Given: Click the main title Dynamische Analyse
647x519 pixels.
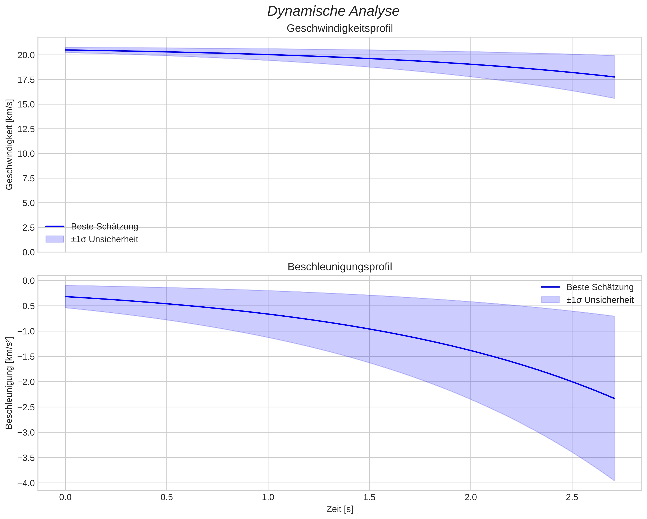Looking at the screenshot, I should [333, 11].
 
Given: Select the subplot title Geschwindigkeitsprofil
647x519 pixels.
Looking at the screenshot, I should [340, 28].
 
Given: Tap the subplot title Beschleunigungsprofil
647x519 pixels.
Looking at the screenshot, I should [340, 267].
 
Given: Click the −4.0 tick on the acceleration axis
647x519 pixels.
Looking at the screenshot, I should [26, 483].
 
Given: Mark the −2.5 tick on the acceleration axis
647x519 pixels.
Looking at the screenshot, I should [26, 407].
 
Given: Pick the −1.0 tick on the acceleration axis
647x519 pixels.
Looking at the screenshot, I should [26, 331].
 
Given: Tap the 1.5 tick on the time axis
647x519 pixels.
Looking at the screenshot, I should [370, 497].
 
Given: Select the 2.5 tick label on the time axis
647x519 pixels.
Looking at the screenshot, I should [572, 497].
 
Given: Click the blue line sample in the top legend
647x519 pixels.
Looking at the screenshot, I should [55, 226].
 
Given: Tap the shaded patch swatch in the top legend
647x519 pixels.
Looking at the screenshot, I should [55, 239].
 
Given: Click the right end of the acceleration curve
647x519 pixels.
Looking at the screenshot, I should [614, 398].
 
